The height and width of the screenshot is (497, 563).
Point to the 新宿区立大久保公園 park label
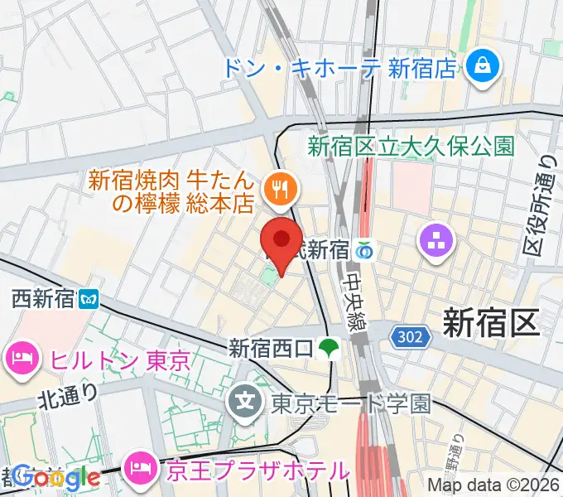point(411,147)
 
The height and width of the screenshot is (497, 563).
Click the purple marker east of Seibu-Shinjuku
point(436,241)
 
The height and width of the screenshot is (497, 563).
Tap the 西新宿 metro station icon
point(89,298)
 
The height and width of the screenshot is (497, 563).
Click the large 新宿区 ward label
point(490,322)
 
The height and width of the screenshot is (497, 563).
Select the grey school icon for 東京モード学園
point(246,403)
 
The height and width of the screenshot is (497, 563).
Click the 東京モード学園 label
point(351,404)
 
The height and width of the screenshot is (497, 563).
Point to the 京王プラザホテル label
point(257,471)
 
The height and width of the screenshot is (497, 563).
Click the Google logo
point(56,477)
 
